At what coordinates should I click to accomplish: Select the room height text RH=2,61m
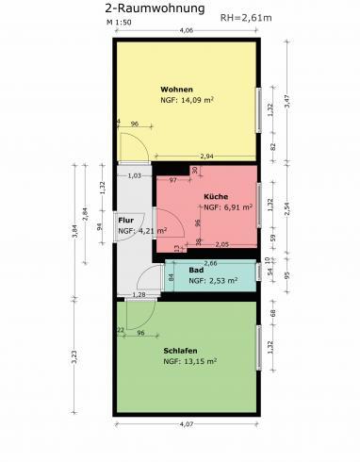pos(245,17)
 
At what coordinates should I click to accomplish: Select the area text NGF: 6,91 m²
pos(228,206)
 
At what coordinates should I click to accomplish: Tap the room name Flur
pos(124,219)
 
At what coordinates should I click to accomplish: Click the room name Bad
pos(196,270)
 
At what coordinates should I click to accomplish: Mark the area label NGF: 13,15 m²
pos(190,361)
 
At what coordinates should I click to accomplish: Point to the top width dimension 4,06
pos(187,32)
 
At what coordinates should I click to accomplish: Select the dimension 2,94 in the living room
pos(207,157)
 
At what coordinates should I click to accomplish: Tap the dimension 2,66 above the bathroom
pos(210,263)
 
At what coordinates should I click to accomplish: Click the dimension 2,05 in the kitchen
pos(221,244)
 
